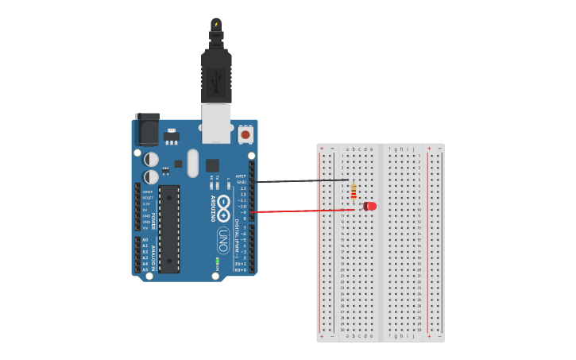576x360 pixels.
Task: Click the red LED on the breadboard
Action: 370,207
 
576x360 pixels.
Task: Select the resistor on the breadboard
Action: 354,192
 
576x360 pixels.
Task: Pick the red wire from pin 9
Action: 302,211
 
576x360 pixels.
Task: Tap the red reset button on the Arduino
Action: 245,135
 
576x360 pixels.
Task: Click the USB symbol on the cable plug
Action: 216,79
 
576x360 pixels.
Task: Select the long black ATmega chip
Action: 169,229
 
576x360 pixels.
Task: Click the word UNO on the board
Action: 223,239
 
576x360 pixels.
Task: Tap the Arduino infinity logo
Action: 224,208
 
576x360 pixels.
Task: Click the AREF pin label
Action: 241,176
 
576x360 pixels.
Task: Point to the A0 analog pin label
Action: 145,239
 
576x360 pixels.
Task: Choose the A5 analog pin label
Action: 145,269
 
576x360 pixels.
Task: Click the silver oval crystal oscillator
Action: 192,163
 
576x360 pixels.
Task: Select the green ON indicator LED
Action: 217,261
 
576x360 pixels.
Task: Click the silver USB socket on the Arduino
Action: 216,123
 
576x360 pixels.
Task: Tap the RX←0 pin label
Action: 240,269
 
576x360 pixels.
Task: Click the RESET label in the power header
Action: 148,198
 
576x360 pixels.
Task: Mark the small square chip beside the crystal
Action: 212,165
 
